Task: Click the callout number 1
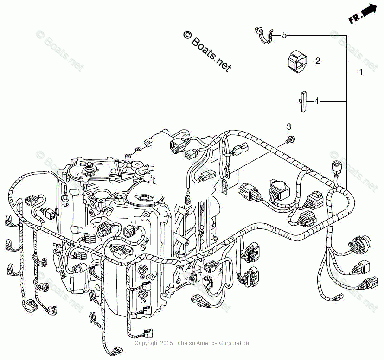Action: point(360,72)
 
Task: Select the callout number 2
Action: point(317,61)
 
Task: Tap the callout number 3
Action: point(289,126)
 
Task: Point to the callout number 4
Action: point(317,101)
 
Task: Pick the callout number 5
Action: point(284,35)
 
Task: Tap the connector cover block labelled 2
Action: point(297,62)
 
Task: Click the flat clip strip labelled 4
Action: point(303,101)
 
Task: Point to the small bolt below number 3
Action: point(290,140)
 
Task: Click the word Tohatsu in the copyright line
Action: point(184,343)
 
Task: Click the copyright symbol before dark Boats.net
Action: point(187,35)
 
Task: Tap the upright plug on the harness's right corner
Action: point(335,168)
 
